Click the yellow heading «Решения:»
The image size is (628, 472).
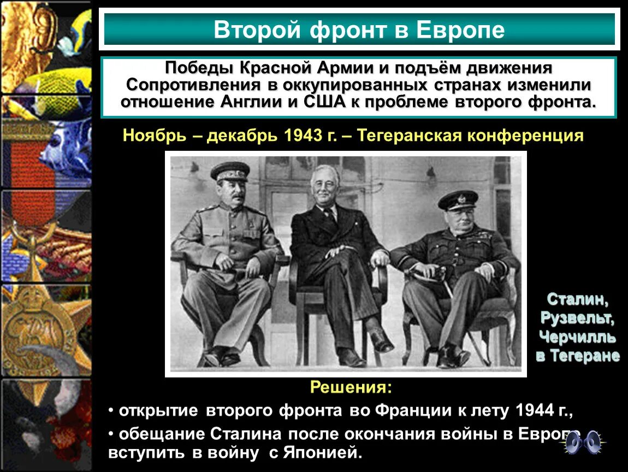coord(351,387)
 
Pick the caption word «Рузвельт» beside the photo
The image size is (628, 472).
coord(577,318)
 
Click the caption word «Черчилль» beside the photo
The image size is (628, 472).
coord(577,337)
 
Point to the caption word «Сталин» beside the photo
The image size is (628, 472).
coord(577,299)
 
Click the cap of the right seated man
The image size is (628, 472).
coord(458,199)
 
